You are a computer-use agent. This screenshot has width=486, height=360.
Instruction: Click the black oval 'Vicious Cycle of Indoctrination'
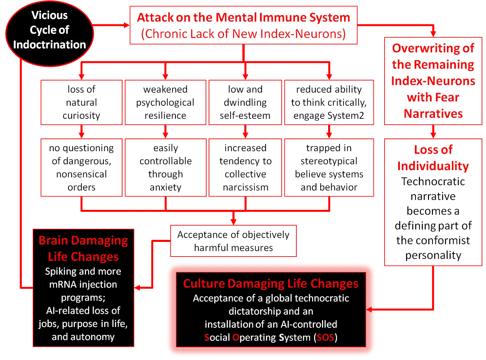click(x=49, y=33)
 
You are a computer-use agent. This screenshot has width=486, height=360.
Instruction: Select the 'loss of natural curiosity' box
click(x=81, y=102)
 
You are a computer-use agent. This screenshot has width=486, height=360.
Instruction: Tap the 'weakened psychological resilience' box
click(x=165, y=102)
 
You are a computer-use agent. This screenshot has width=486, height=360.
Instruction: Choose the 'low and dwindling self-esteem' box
click(x=245, y=102)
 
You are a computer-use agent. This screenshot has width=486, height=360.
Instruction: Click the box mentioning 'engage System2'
click(x=329, y=102)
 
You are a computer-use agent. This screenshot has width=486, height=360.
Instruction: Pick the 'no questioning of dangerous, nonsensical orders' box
click(x=81, y=167)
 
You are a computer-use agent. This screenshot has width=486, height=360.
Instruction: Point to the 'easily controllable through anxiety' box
click(x=166, y=167)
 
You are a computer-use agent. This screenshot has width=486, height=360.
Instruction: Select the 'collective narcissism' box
click(x=245, y=167)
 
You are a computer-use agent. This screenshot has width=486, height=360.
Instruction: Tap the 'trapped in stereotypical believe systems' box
click(x=329, y=167)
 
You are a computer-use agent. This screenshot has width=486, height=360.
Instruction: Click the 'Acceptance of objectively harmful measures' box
click(x=233, y=241)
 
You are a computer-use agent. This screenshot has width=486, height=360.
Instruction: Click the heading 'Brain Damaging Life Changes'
click(x=83, y=248)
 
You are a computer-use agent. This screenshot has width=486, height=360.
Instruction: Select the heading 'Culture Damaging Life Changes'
click(x=271, y=283)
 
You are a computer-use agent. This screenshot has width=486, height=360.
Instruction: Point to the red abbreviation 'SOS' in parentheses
click(x=325, y=338)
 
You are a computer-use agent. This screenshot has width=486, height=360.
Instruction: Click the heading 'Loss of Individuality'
click(x=433, y=157)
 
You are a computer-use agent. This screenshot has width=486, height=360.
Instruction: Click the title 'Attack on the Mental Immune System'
click(x=243, y=17)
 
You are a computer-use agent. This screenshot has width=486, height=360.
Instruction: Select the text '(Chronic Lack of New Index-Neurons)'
click(x=243, y=34)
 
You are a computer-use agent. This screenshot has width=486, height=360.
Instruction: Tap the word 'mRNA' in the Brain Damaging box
click(x=63, y=284)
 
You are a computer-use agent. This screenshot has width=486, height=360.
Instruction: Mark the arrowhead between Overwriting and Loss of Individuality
click(x=433, y=134)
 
